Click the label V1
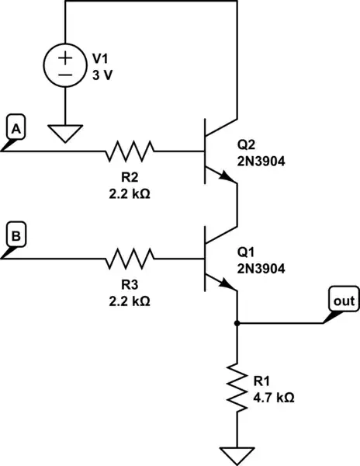(x=101, y=58)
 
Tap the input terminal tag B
(x=16, y=232)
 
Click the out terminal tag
(x=341, y=300)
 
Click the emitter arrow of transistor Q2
(x=227, y=178)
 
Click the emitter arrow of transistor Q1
(x=227, y=285)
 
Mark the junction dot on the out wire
(x=236, y=322)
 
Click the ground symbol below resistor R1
(x=236, y=453)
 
